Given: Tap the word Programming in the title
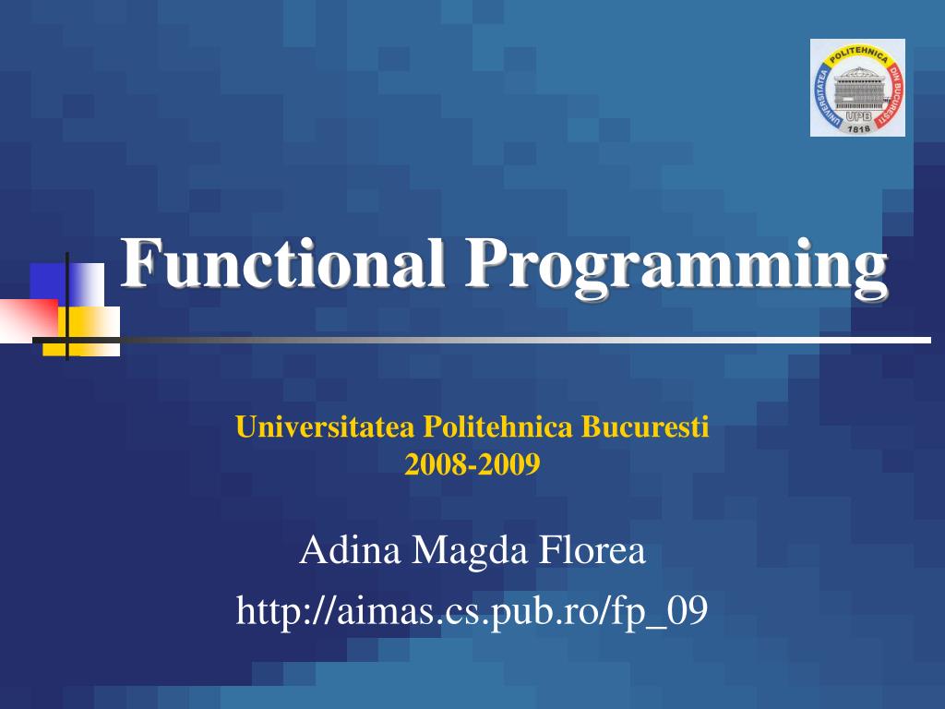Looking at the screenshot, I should tap(676, 265).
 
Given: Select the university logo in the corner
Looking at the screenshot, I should tap(857, 88).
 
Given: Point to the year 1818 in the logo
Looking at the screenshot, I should tap(858, 127).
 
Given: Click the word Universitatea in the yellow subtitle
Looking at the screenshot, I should tap(327, 427).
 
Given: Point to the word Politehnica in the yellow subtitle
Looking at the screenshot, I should tap(498, 427).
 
